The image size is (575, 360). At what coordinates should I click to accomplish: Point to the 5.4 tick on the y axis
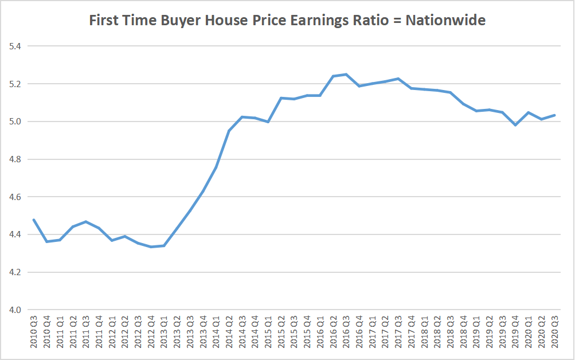tap(12, 46)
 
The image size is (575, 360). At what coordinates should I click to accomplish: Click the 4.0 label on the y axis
tap(12, 310)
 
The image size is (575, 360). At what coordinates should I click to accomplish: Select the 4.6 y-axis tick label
tap(12, 197)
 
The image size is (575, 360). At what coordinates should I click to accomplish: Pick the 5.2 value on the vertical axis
tap(12, 84)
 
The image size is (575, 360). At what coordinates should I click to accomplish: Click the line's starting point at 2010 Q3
tap(34, 220)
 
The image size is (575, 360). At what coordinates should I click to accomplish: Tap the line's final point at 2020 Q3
tap(554, 115)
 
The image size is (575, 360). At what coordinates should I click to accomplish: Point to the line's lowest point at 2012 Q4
tap(151, 247)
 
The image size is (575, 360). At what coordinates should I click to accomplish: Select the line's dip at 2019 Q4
tap(515, 125)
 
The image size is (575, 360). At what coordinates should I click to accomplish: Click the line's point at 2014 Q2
tap(229, 131)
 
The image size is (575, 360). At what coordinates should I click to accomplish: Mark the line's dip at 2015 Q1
tap(268, 122)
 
